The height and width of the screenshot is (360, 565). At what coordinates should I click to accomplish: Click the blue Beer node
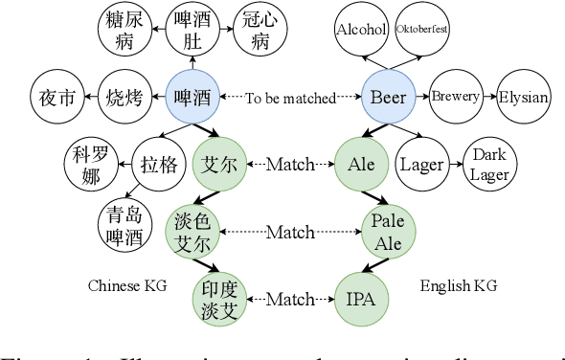[388, 97]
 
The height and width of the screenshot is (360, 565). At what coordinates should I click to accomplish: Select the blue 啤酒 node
[192, 97]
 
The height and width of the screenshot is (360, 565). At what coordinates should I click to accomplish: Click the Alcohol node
[361, 29]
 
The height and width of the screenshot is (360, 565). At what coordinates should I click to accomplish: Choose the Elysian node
[523, 97]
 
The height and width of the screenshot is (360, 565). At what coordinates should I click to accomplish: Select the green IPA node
[361, 300]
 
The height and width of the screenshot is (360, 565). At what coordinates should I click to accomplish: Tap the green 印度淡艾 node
[219, 300]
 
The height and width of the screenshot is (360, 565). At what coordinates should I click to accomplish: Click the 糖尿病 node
[125, 29]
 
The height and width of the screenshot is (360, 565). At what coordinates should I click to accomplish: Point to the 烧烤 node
[124, 97]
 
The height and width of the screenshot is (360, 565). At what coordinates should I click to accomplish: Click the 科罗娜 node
[90, 164]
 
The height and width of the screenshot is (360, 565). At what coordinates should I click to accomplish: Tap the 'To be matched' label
[290, 98]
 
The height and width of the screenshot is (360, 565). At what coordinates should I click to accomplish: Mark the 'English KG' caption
[459, 285]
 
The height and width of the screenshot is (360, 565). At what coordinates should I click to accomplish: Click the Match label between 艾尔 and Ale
[290, 165]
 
